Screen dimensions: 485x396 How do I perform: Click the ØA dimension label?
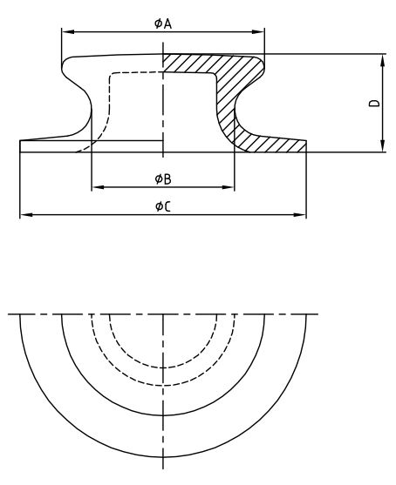coord(162,24)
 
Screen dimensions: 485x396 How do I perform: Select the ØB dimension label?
coord(162,179)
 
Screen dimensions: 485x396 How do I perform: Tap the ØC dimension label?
coord(162,205)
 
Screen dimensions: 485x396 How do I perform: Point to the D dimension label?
coord(373,103)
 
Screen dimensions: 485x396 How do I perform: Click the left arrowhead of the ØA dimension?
coord(65,33)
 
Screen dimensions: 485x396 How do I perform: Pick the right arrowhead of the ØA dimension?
coord(260,33)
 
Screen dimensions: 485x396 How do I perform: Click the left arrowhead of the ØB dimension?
coord(95,187)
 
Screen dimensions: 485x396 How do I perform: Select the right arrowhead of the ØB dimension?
coord(230,187)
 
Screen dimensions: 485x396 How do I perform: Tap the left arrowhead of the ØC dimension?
coord(24,214)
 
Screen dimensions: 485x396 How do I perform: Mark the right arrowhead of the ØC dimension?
coord(302,214)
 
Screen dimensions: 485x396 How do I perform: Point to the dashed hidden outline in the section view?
coord(108,104)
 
